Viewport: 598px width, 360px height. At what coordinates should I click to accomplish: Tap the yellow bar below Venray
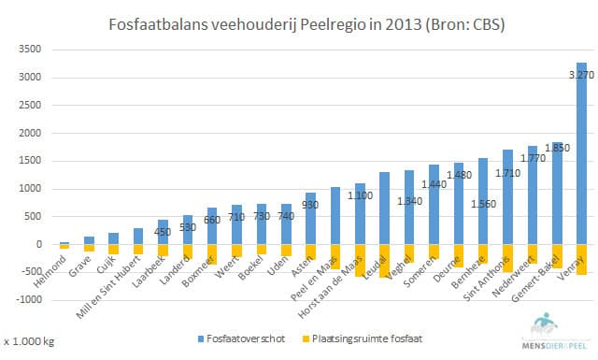[x=581, y=259]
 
